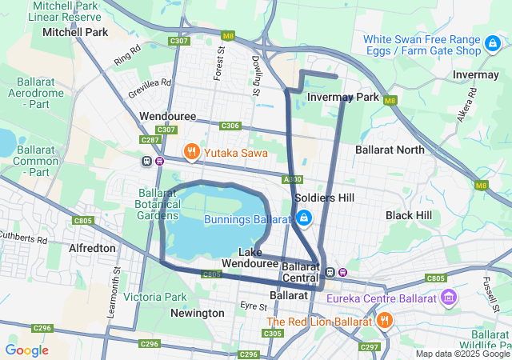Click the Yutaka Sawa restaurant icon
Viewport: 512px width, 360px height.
(191, 150)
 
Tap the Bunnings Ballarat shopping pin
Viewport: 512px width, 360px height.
(304, 218)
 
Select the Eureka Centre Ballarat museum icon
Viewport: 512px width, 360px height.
(448, 298)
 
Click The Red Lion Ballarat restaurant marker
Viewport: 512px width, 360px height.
(385, 321)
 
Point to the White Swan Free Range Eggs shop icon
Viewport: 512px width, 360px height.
(494, 45)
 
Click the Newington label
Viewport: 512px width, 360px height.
(198, 313)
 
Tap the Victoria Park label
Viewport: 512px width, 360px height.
(155, 297)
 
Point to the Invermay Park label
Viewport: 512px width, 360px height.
(342, 97)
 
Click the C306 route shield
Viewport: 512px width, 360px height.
(230, 126)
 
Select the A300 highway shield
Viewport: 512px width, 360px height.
(293, 179)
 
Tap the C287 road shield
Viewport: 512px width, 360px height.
(150, 140)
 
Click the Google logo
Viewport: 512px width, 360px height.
(26, 350)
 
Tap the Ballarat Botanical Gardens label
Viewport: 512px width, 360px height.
(157, 204)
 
